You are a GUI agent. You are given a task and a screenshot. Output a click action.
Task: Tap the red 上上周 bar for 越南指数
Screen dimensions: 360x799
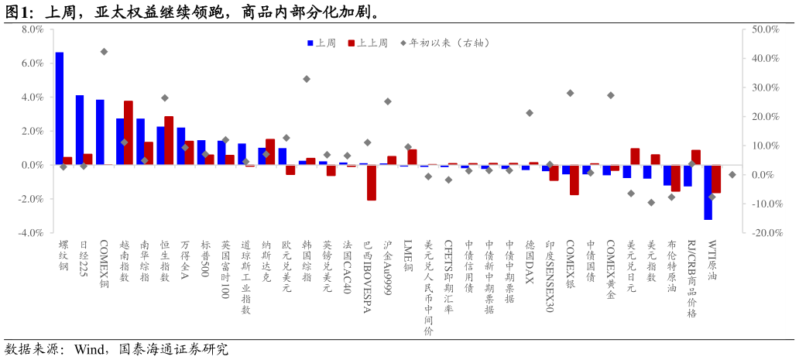coord(129,132)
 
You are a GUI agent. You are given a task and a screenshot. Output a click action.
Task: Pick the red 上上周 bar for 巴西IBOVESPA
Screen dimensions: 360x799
coord(372,183)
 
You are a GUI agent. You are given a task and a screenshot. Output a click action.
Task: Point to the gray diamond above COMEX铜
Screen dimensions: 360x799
coord(104,52)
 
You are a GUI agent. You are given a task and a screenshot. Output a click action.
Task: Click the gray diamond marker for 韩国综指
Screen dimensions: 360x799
coord(307,79)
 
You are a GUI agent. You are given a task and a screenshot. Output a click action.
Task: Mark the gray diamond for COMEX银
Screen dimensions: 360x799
coord(570,93)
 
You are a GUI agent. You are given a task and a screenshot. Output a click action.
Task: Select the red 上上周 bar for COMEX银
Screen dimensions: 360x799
coord(574,180)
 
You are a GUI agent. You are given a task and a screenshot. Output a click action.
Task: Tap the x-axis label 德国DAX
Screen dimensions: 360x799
coord(530,261)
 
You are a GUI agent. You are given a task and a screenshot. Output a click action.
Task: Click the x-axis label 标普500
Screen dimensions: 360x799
coord(205,258)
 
